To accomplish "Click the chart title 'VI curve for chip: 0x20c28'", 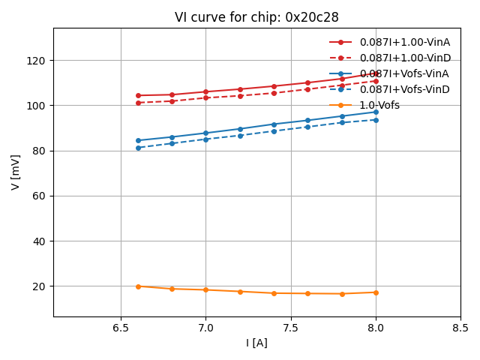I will click(256, 17).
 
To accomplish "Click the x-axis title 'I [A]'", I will click(256, 343).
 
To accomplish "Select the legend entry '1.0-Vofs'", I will click(379, 105).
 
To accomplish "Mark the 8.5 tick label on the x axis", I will click(460, 328).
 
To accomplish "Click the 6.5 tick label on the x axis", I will click(121, 328).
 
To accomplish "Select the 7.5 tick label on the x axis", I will click(291, 328).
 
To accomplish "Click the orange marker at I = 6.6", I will click(138, 286).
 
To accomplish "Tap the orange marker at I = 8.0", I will click(376, 292).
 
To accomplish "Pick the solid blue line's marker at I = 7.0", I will click(205, 133).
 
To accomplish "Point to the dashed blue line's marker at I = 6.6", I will click(138, 148).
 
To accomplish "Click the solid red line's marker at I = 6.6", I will click(138, 95).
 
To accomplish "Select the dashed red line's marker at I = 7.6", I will click(307, 89).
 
